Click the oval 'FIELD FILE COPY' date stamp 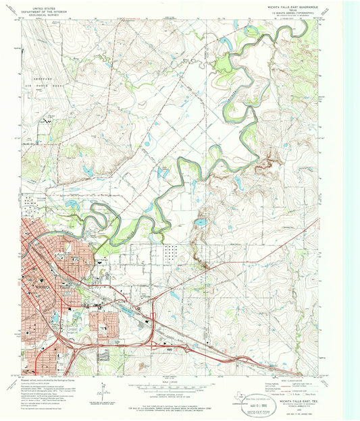257,399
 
